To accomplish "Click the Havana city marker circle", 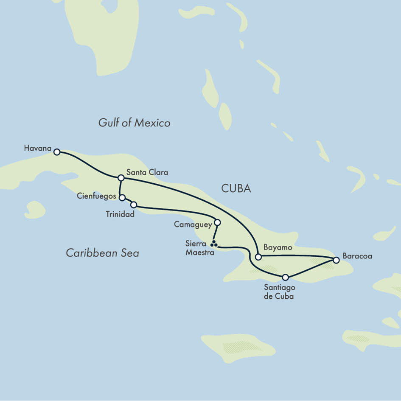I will click(56, 151).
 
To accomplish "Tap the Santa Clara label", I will click(147, 172).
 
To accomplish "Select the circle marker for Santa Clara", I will click(121, 177).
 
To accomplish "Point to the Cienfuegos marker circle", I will click(122, 198).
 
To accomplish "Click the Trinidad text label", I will click(120, 214).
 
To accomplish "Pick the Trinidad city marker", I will click(134, 205).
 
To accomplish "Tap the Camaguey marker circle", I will click(217, 222).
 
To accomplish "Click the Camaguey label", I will click(192, 224).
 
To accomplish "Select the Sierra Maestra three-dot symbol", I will click(214, 244).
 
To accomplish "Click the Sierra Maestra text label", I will click(196, 248).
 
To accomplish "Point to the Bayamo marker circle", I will click(258, 257).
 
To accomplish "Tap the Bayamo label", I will click(278, 247).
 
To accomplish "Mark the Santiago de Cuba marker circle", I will click(285, 277).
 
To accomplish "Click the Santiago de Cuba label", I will click(278, 292).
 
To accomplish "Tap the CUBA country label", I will click(236, 189).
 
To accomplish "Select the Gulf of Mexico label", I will click(134, 123).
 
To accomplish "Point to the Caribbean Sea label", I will click(102, 253).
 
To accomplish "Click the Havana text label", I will click(37, 149).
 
